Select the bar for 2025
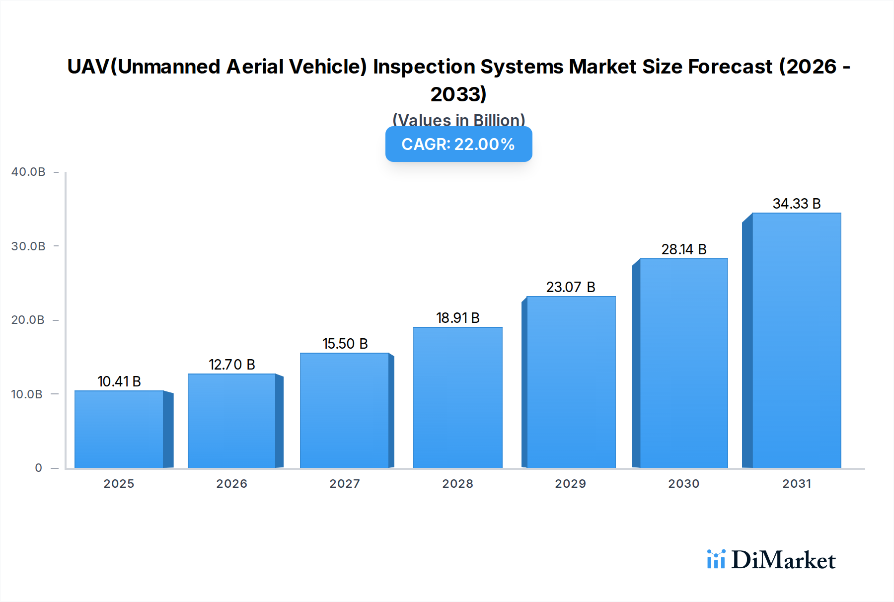click(119, 429)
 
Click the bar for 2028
click(457, 397)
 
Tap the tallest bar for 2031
click(796, 340)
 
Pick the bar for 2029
click(571, 382)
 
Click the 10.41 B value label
click(119, 381)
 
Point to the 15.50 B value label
click(345, 344)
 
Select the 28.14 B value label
click(683, 249)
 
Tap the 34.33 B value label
click(796, 204)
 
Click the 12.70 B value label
click(231, 365)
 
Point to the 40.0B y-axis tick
click(28, 172)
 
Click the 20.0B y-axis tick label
click(28, 320)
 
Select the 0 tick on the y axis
click(38, 468)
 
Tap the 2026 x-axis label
click(231, 484)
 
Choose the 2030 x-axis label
click(683, 484)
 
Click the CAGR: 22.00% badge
click(458, 144)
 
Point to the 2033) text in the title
click(458, 94)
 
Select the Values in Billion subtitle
click(458, 120)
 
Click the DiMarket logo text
click(783, 560)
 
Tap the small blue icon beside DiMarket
click(716, 559)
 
